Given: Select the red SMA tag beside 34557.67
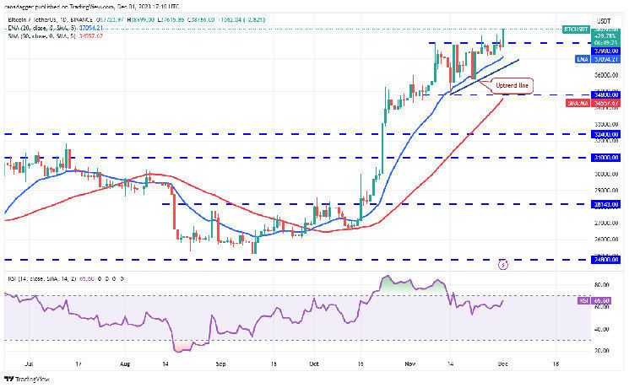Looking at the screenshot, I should click(x=583, y=102).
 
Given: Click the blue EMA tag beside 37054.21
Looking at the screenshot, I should click(x=583, y=59).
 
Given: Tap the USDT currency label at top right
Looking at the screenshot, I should click(x=604, y=20).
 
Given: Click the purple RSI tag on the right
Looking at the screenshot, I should click(x=583, y=300).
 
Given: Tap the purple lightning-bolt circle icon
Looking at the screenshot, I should click(x=505, y=263).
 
